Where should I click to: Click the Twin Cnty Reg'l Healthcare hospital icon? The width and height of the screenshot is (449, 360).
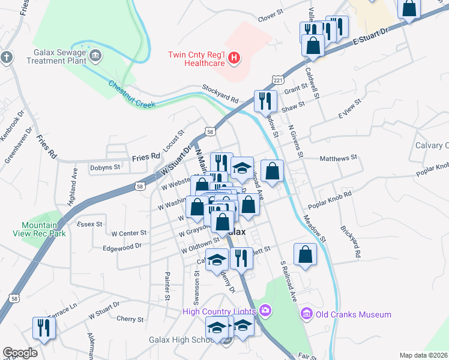pos(234,58)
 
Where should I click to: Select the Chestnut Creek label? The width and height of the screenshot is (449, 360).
pos(131,95)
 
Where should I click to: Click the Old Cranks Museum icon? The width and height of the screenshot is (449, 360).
pos(306,314)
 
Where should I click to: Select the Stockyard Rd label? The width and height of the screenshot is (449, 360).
pos(220,93)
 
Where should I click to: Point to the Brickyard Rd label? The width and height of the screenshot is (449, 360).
pos(350,242)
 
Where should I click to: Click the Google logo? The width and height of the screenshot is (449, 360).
pos(20,353)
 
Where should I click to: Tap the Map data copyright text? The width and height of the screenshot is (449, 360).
pos(424,355)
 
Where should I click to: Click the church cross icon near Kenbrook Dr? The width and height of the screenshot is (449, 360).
pos(7,58)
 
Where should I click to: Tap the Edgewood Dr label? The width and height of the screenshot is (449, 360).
pos(122,246)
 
